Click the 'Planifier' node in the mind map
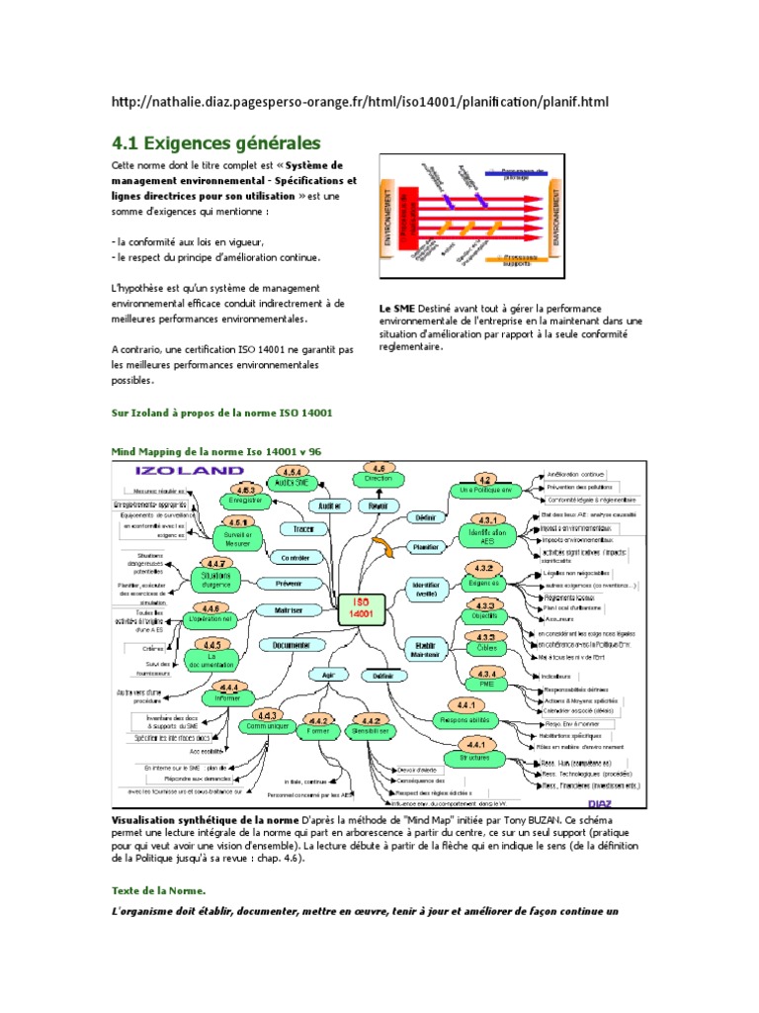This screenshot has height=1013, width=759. point(427,545)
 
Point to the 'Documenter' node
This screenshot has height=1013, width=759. point(292,644)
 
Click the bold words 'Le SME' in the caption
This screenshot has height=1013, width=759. point(397,309)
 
